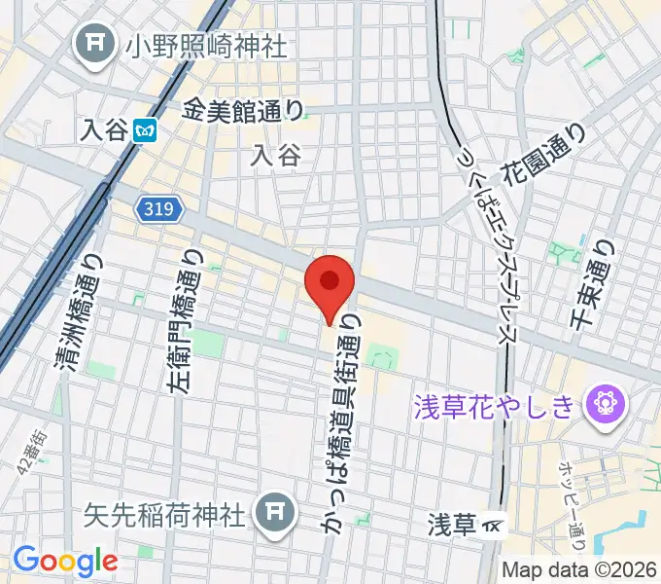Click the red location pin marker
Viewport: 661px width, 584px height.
coord(330,283)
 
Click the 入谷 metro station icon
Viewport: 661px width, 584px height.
coord(146,128)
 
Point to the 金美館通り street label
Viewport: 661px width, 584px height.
coord(242,111)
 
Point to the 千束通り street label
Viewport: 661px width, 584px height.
coord(594,288)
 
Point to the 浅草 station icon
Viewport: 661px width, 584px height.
coord(494,527)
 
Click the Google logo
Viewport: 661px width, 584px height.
coord(65,560)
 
